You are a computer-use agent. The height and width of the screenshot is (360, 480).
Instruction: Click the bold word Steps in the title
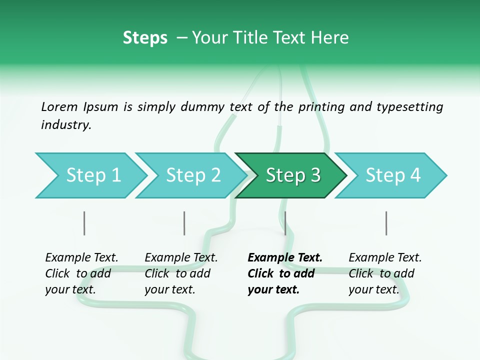coord(145,38)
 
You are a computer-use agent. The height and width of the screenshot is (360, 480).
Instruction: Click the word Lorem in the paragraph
coord(59,106)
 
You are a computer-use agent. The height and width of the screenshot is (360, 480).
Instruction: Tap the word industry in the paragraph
coord(65,125)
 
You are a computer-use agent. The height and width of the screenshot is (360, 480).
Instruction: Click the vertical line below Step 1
coord(84,223)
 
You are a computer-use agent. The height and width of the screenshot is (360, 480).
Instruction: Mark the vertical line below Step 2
coord(184,223)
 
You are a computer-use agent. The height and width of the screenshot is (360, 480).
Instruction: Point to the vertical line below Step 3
coord(285,223)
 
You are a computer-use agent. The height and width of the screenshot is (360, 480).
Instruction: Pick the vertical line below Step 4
coord(386,223)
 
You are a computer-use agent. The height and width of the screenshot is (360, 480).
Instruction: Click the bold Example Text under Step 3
coord(285,258)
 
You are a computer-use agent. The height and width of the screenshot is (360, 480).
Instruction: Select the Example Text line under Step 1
coord(81,258)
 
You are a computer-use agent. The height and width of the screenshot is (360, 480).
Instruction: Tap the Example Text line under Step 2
coord(181,258)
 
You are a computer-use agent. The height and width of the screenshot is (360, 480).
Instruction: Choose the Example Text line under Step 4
coord(385,258)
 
